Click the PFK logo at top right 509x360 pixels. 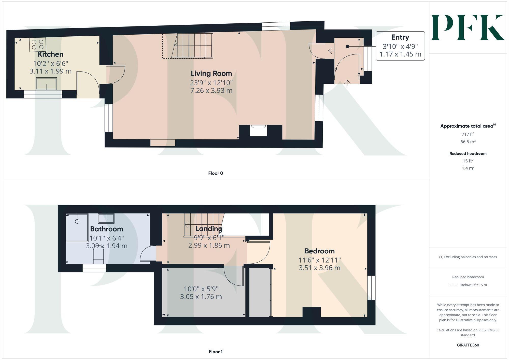pyautogui.click(x=468, y=27)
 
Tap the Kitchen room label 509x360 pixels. pyautogui.click(x=50, y=54)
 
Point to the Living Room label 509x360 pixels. pyautogui.click(x=211, y=74)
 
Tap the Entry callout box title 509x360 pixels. pyautogui.click(x=400, y=37)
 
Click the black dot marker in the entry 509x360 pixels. pyautogui.click(x=348, y=46)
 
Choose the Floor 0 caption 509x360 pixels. pyautogui.click(x=215, y=173)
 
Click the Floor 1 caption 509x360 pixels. pyautogui.click(x=215, y=352)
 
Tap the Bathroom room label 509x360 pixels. pyautogui.click(x=106, y=229)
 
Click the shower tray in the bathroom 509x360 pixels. pyautogui.click(x=77, y=227)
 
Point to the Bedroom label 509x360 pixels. pyautogui.click(x=319, y=251)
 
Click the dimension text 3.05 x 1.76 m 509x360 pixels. pyautogui.click(x=201, y=297)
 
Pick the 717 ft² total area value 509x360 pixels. pyautogui.click(x=468, y=134)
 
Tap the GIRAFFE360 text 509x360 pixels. pyautogui.click(x=468, y=345)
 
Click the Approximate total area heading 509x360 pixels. pyautogui.click(x=468, y=126)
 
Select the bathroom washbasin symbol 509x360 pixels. pyautogui.click(x=106, y=218)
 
